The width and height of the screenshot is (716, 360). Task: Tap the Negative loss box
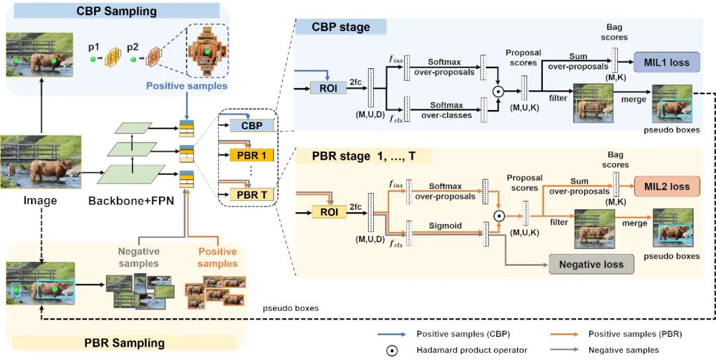(591, 264)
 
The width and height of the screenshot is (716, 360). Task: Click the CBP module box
(251, 125)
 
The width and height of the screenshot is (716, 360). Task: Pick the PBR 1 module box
(251, 157)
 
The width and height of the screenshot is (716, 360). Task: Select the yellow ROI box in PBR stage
(329, 211)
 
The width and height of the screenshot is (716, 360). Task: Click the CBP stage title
(341, 27)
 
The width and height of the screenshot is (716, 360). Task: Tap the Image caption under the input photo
(39, 200)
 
